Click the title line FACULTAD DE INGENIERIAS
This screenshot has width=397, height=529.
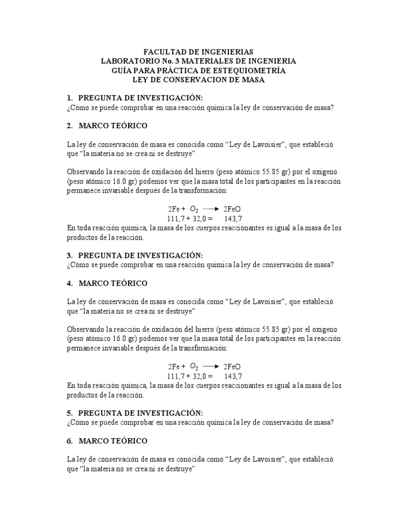coord(198,52)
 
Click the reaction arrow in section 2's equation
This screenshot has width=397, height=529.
coord(211,209)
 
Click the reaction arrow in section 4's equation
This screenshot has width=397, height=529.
coord(211,367)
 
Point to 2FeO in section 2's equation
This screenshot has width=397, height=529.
coord(232,209)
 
